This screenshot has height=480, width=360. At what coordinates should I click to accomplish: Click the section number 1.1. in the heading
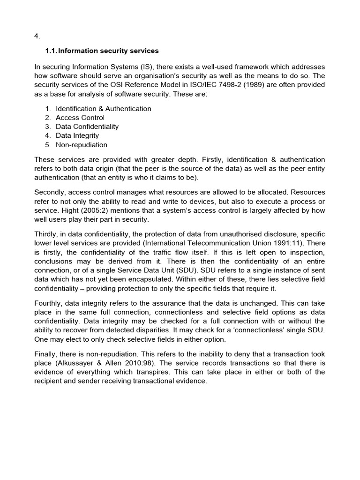pos(51,51)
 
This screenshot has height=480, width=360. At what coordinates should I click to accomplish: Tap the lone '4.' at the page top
pos(37,36)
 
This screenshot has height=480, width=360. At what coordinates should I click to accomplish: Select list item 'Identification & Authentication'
pos(103,109)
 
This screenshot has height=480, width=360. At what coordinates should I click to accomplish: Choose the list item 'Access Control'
pos(80,118)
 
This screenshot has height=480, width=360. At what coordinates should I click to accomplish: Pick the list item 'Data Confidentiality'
pos(87,127)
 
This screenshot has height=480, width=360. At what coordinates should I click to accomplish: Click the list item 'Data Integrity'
pos(77,135)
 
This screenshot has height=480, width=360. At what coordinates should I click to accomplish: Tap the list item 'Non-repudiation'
pos(81,144)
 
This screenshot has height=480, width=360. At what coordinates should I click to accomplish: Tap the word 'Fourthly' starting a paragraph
pos(49,303)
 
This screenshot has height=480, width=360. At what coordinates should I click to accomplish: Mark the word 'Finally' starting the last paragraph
pos(45,354)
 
